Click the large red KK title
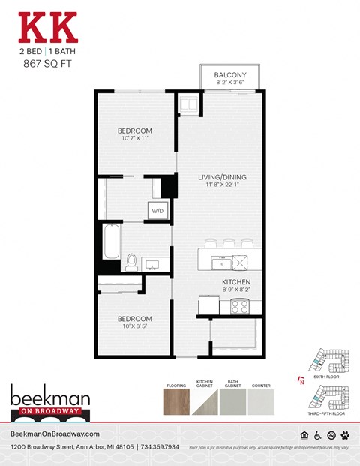point(47,27)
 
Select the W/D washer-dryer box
point(158,210)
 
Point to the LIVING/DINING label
point(221,178)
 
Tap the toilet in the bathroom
point(132,262)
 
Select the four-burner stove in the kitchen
point(239,306)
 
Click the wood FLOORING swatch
point(177,401)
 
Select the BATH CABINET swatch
point(234,401)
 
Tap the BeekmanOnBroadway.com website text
point(55,434)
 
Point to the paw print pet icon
point(345,435)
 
